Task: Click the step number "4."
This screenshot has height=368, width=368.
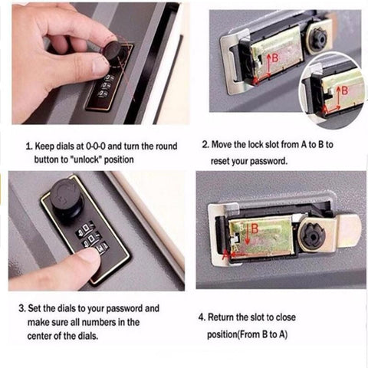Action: (x=202, y=317)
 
